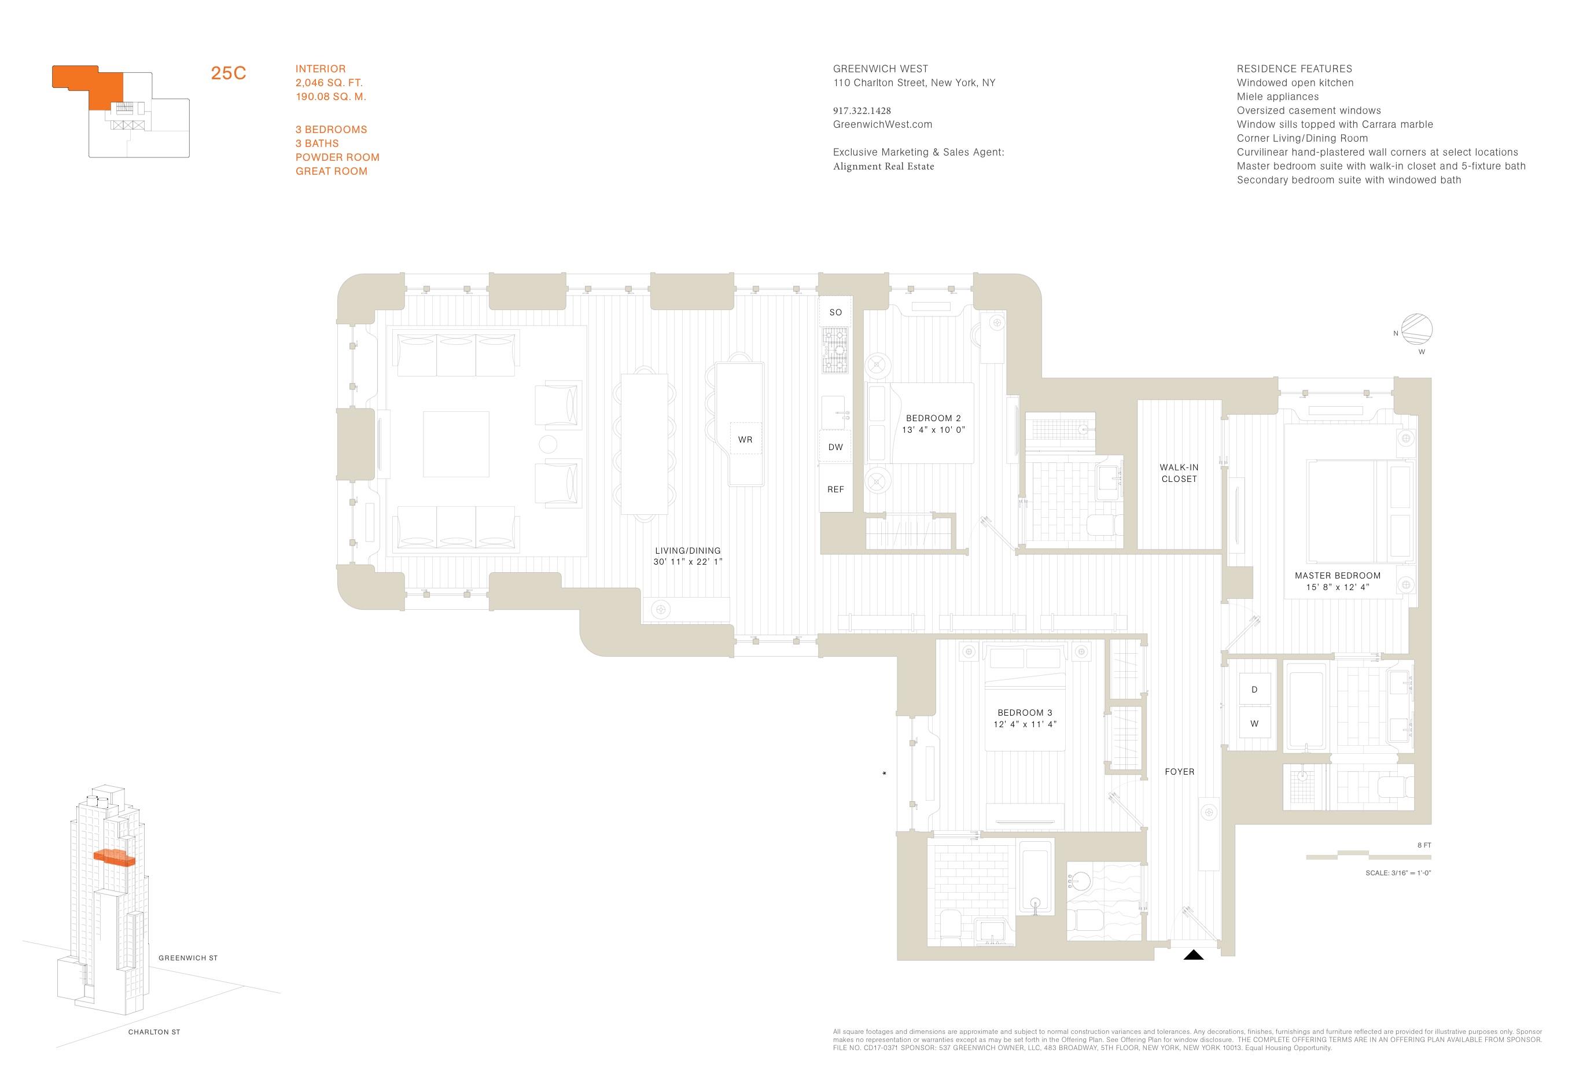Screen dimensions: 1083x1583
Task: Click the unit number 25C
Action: click(x=228, y=73)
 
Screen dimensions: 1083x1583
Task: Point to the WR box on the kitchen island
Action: click(x=745, y=439)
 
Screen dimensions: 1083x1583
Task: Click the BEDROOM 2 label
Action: click(x=933, y=418)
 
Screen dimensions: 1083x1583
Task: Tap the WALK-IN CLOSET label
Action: click(x=1179, y=473)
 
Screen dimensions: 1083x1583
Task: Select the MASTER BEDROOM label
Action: click(x=1338, y=576)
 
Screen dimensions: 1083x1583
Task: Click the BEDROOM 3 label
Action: click(x=1025, y=713)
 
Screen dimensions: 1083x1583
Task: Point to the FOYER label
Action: click(x=1180, y=772)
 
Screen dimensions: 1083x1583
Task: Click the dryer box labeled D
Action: click(x=1254, y=689)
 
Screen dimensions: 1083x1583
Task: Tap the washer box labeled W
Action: click(x=1254, y=723)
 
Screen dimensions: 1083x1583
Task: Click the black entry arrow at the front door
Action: click(x=1194, y=955)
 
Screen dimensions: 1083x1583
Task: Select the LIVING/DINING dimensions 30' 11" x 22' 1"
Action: click(x=687, y=562)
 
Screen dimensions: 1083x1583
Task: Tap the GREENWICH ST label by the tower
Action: click(x=188, y=957)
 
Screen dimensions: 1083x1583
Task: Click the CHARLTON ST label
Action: click(x=154, y=1032)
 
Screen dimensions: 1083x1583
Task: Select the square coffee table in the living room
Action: click(x=456, y=444)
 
